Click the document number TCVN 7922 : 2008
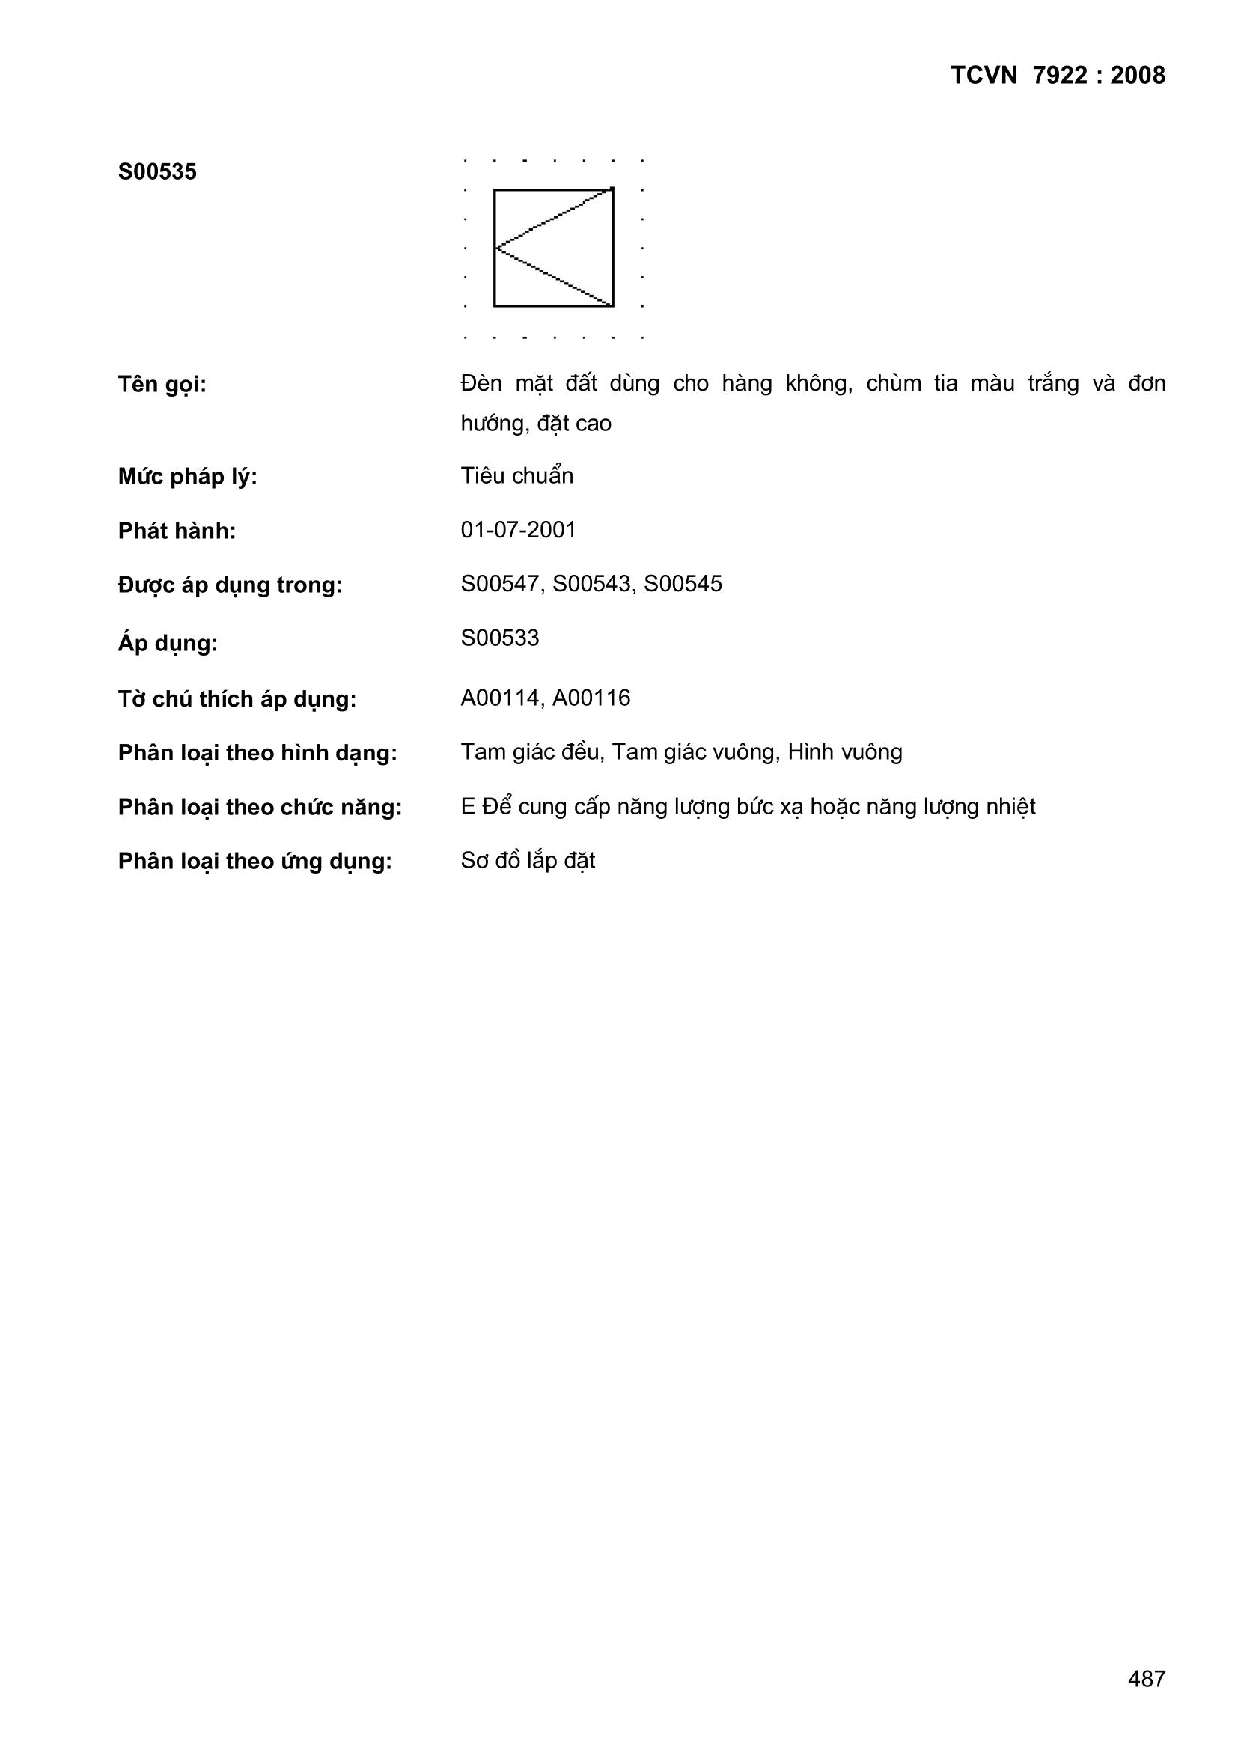pos(1058,76)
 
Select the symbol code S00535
pos(157,172)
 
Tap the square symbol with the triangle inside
pos(553,248)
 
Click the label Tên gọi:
pos(162,385)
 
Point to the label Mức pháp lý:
pos(188,477)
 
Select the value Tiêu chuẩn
pos(517,475)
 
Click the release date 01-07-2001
pos(519,530)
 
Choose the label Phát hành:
pos(177,531)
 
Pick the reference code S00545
pos(683,584)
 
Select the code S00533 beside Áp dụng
pos(500,638)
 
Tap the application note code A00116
pos(591,698)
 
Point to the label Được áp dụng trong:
pos(230,585)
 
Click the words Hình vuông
pos(844,752)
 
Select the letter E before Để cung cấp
pos(467,806)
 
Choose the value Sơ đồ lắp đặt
pos(528,861)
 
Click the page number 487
pos(1147,1679)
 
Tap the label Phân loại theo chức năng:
pos(259,807)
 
